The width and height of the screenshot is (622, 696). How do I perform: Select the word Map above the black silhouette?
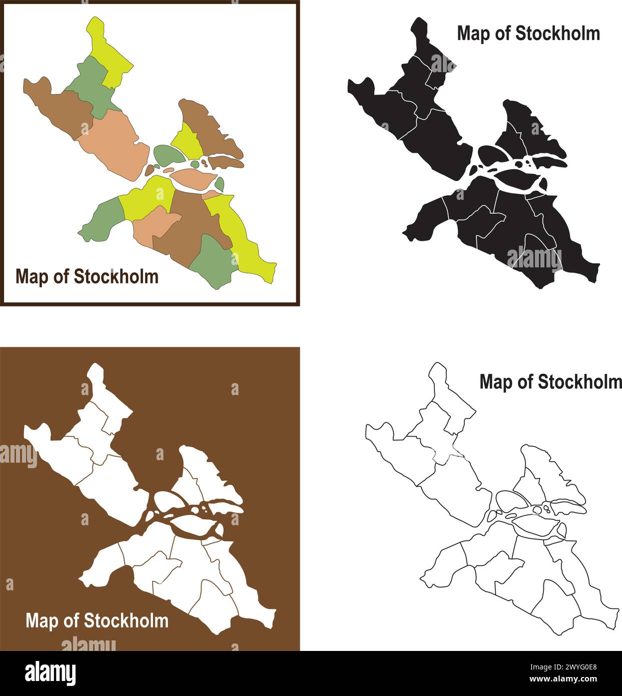(472, 34)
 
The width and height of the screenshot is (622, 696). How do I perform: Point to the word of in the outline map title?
(525, 382)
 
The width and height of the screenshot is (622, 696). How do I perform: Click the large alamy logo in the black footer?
(51, 673)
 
